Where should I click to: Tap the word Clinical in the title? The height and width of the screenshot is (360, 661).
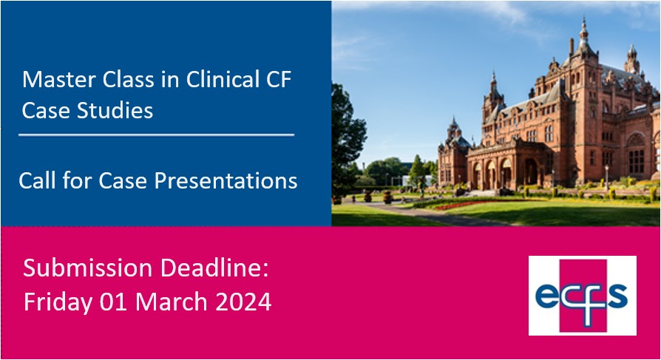click(x=223, y=79)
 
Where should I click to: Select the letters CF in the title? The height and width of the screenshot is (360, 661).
click(x=278, y=79)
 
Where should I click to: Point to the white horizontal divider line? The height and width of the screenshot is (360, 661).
click(x=157, y=135)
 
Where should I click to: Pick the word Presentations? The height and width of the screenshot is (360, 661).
click(x=226, y=181)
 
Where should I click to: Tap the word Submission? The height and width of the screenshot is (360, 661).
click(x=88, y=268)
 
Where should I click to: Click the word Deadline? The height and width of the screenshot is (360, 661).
click(x=214, y=268)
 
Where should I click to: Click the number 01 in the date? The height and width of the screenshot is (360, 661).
click(x=113, y=302)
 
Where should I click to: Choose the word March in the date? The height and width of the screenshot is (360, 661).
click(x=171, y=302)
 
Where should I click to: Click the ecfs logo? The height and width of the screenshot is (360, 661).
click(x=582, y=296)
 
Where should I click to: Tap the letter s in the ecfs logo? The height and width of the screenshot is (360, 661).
click(x=617, y=295)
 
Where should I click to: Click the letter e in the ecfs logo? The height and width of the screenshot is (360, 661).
click(x=547, y=296)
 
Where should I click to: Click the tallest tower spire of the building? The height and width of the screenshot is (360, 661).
click(x=584, y=30)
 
